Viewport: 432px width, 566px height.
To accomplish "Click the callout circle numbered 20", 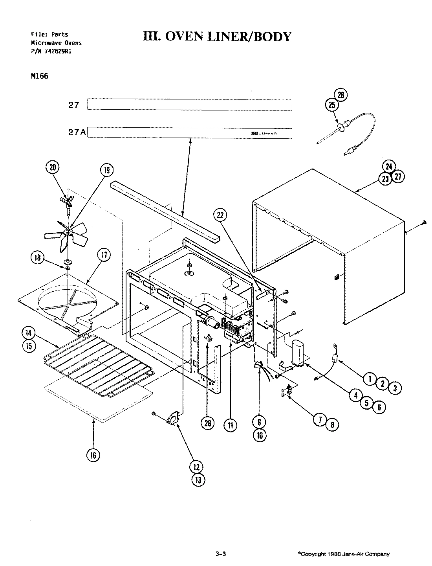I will pyautogui.click(x=53, y=167).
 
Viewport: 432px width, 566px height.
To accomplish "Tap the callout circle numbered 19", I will pyautogui.click(x=106, y=170).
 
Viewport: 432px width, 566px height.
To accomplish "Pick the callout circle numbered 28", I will pyautogui.click(x=208, y=423).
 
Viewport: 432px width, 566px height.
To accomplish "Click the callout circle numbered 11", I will pyautogui.click(x=230, y=424).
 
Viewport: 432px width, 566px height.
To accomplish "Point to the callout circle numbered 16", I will pyautogui.click(x=93, y=455).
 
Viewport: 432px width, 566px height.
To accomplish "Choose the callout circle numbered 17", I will pyautogui.click(x=104, y=255).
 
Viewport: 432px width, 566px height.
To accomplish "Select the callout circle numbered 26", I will pyautogui.click(x=341, y=95).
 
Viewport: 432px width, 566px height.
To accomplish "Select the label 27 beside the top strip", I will pyautogui.click(x=73, y=105).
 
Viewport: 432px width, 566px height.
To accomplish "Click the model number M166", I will pyautogui.click(x=39, y=76).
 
